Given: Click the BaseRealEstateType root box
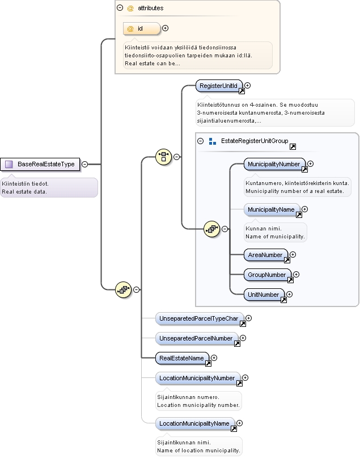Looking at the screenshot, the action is [x=40, y=164].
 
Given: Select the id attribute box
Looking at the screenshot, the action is [x=142, y=28].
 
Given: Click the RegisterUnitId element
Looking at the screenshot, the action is [x=219, y=86].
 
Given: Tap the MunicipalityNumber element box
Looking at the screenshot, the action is [x=274, y=164].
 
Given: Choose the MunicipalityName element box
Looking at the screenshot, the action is [x=272, y=210].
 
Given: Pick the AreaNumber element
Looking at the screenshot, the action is [x=265, y=255].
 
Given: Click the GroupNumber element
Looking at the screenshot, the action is [x=267, y=275].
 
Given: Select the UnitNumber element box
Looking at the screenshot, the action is [x=264, y=295].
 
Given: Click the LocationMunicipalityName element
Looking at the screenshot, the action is [x=195, y=423].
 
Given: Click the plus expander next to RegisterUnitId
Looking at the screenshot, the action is [x=247, y=85].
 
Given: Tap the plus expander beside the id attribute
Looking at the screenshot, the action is [x=165, y=28].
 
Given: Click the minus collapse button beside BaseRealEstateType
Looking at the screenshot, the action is [x=84, y=164].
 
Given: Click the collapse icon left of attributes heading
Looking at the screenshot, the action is [x=120, y=8].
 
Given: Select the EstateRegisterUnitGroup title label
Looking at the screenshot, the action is [x=255, y=141].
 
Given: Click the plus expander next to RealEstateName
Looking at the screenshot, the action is [x=214, y=358].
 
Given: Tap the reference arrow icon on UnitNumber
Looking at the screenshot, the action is [x=283, y=300].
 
